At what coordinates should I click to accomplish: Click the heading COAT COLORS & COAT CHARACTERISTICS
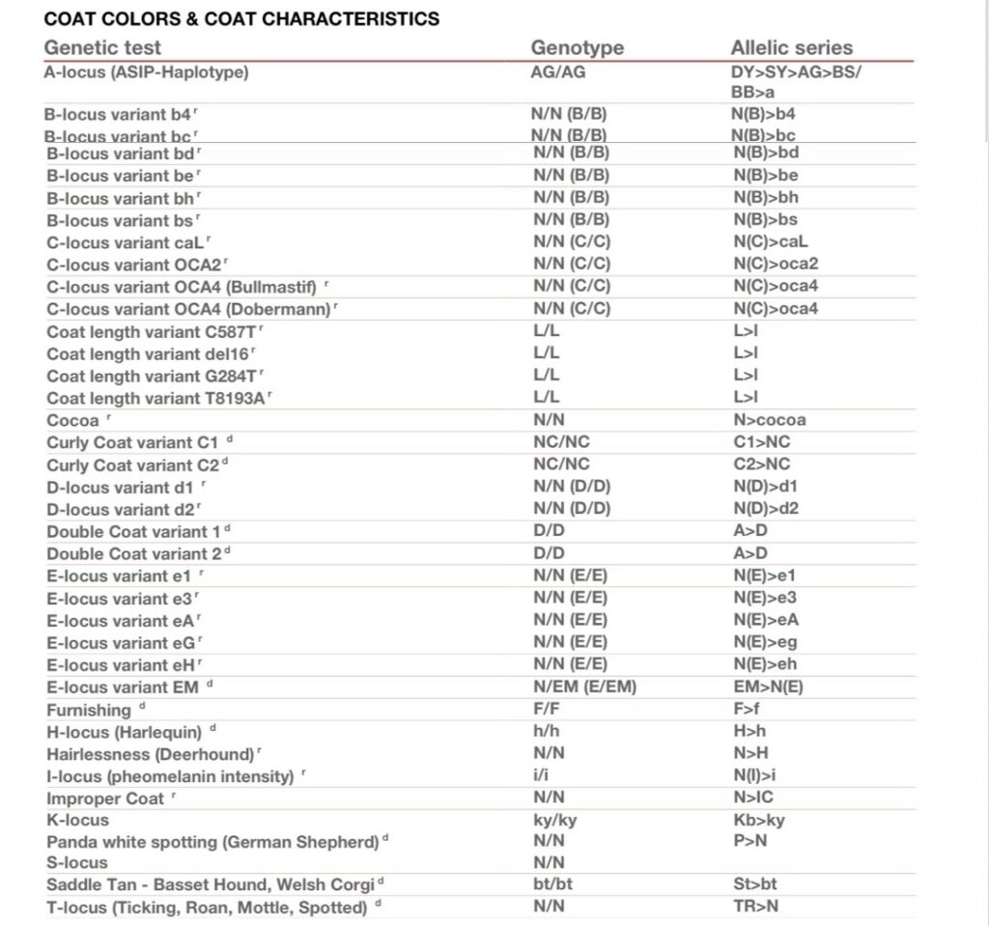[241, 18]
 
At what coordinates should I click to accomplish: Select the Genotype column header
[577, 47]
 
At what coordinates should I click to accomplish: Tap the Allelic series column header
[791, 47]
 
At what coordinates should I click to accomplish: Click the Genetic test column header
[102, 47]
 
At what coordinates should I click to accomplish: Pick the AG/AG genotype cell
[558, 71]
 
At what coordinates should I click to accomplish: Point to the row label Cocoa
[72, 420]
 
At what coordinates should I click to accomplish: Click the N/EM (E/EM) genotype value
[584, 687]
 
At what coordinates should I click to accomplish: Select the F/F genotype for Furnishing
[548, 709]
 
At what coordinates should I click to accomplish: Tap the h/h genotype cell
[547, 731]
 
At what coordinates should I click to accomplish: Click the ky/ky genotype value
[555, 820]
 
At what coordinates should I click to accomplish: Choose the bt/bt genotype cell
[553, 884]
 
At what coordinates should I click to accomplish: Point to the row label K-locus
[78, 820]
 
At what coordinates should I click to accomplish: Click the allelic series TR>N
[755, 906]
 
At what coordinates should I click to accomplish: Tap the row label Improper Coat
[106, 799]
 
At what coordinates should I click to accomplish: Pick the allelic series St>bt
[754, 884]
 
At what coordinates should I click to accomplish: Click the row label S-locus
[77, 862]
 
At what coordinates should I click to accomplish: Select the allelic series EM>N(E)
[768, 687]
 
